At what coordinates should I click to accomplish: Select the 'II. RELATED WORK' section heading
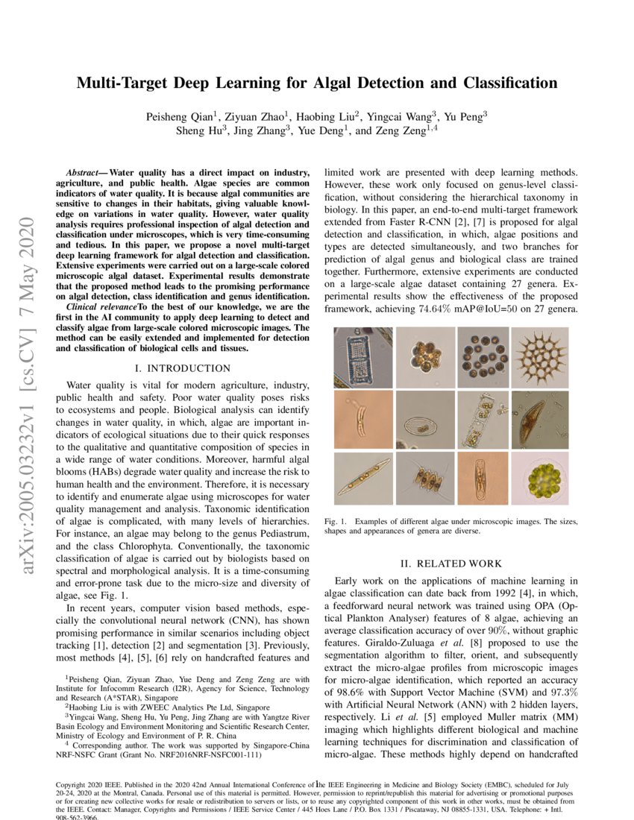(x=448, y=564)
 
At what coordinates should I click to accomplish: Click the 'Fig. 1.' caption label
(x=336, y=521)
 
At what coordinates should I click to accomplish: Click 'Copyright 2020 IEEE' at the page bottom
(x=92, y=785)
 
